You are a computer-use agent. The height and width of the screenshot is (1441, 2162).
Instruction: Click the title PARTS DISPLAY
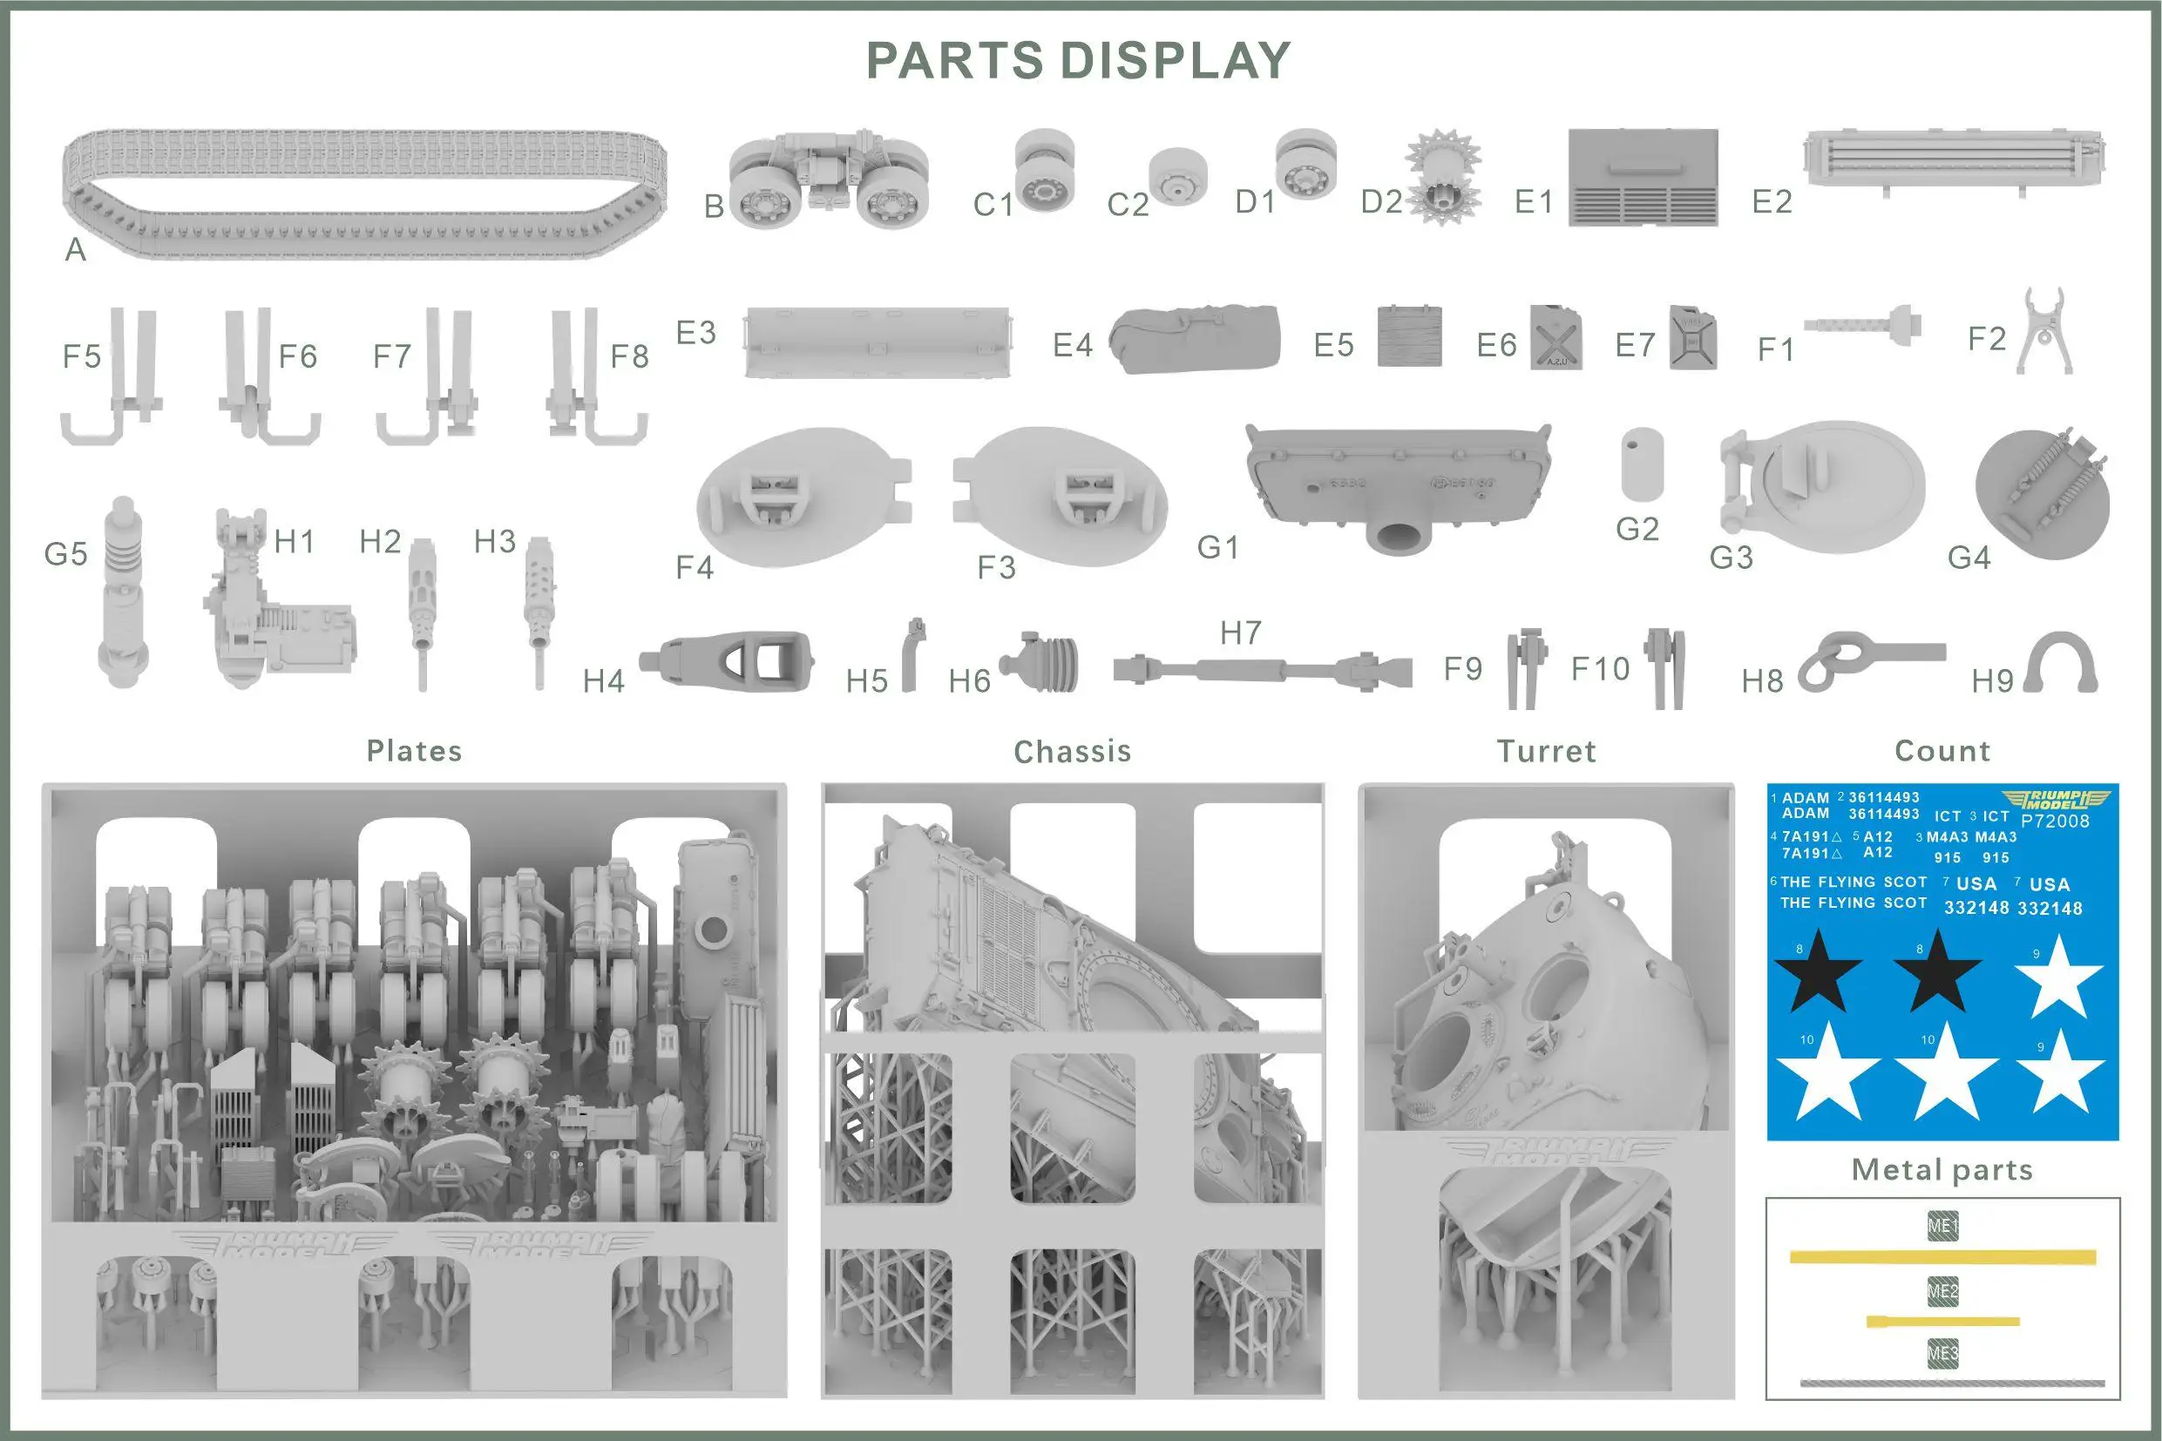[1078, 62]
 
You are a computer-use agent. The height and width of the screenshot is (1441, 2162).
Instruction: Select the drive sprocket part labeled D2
[1443, 179]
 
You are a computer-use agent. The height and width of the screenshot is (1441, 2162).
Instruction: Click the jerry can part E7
[1692, 338]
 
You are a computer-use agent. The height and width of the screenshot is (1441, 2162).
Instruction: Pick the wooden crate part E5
[1409, 336]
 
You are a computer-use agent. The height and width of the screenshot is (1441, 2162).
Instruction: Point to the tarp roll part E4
[1195, 338]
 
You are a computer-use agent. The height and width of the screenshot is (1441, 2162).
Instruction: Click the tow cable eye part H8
[1866, 659]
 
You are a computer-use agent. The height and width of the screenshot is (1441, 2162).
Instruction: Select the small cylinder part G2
[1642, 464]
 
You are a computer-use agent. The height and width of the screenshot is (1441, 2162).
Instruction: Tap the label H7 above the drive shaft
[1240, 633]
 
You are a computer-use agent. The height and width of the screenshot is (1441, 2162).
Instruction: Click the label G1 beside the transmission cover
[1218, 548]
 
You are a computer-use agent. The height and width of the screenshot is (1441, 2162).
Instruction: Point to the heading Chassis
[1072, 752]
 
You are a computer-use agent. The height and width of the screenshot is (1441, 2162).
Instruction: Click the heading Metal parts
[1942, 1170]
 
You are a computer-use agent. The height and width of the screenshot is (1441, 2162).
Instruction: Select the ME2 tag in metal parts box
[1942, 1291]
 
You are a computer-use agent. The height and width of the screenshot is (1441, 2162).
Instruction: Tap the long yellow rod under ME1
[1942, 1256]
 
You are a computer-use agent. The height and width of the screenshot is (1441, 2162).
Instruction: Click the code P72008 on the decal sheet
[2055, 821]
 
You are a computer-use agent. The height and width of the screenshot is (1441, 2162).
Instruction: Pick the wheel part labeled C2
[1177, 178]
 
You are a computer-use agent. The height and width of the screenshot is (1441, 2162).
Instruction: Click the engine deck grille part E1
[1643, 178]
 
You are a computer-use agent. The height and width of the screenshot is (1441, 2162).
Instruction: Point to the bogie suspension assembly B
[828, 179]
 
